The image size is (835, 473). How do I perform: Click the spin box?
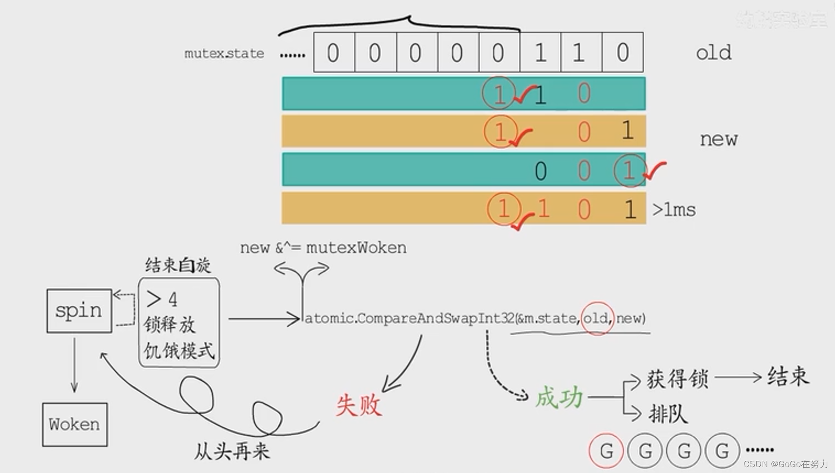pos(79,311)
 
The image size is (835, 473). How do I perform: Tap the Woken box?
pos(74,424)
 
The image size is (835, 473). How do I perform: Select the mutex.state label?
pos(224,53)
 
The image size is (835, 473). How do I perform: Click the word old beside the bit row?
pos(713,52)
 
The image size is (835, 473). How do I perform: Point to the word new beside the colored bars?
pos(718,139)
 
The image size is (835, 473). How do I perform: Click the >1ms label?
pos(674,209)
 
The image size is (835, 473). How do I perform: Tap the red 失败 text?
pos(358,405)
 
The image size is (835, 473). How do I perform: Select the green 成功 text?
pos(559,397)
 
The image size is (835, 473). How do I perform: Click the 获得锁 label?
pos(677,379)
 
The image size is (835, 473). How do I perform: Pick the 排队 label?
pos(668,414)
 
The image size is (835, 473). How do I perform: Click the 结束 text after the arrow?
pos(788,376)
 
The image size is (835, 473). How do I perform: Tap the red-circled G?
pos(606,450)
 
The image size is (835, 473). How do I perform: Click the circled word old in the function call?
pos(596,318)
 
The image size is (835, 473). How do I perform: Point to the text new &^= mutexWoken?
pos(323,248)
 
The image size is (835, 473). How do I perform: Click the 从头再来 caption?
pos(232,451)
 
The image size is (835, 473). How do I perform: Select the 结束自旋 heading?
pos(178,265)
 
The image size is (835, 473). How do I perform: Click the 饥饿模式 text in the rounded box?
pos(179,350)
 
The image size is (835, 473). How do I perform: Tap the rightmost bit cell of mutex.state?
pos(622,52)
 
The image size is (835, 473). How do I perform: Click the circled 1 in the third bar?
pos(630,170)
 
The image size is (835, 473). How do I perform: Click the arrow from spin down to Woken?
pos(74,364)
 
